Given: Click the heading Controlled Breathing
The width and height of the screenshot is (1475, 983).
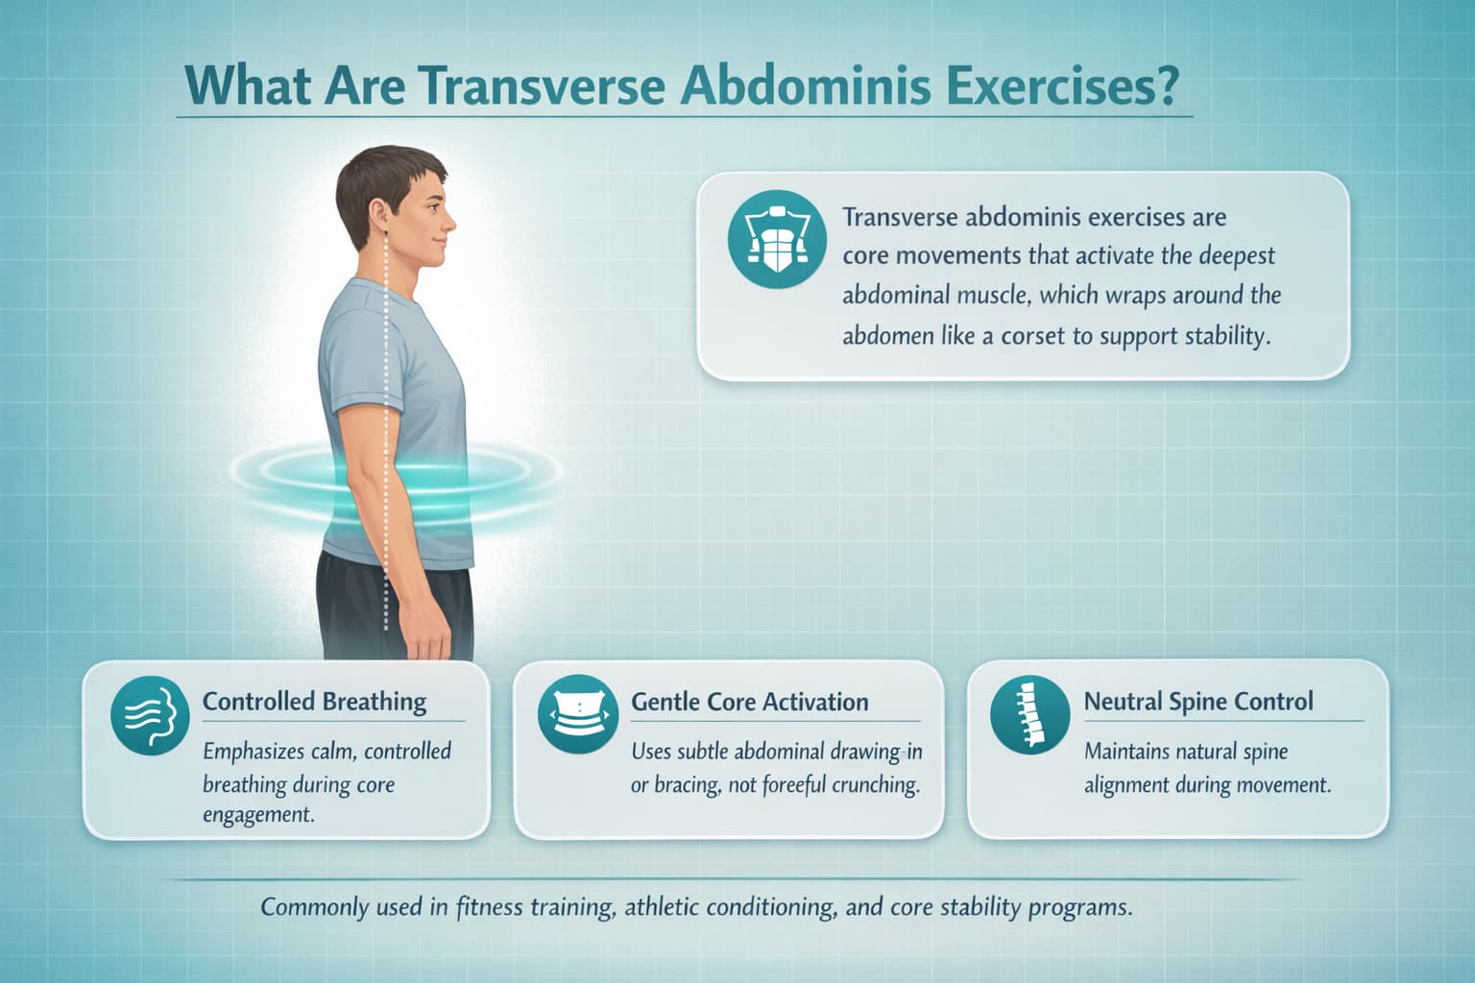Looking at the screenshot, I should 314,702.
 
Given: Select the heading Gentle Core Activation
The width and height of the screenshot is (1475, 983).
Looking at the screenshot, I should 749,702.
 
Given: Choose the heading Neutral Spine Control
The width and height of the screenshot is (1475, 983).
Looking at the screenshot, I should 1198,702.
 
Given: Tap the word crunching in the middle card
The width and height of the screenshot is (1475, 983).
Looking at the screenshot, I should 875,785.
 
